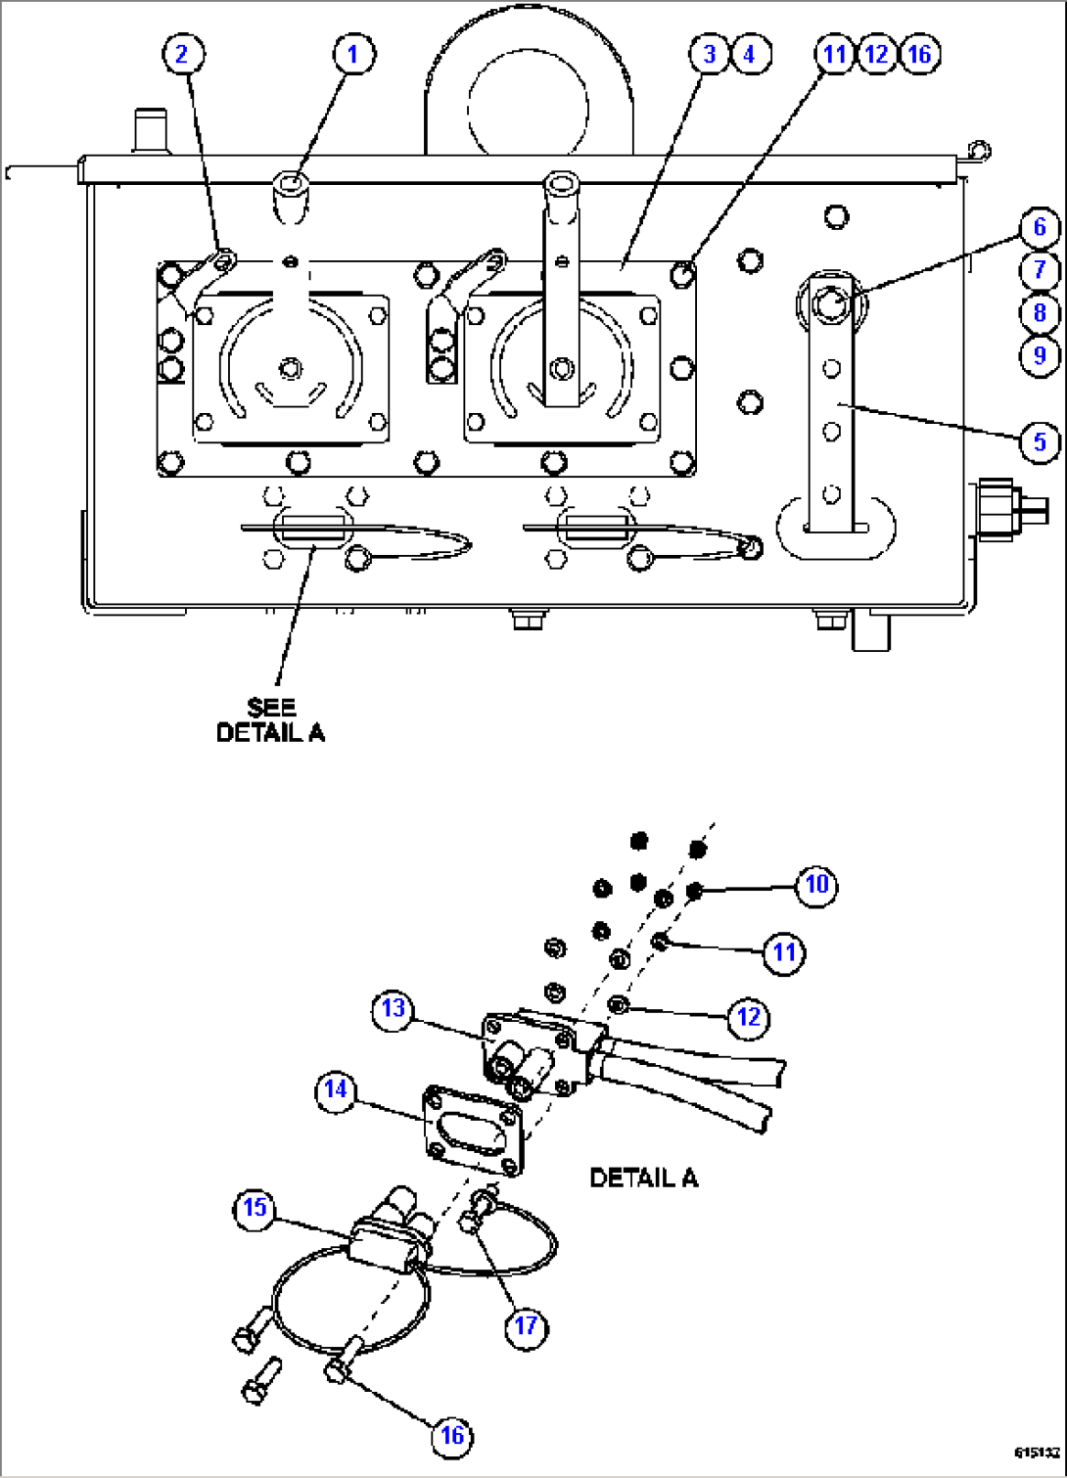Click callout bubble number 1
[x=353, y=54]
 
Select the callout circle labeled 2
[x=183, y=54]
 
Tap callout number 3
[x=710, y=54]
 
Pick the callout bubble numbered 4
[x=750, y=54]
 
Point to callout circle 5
[x=1040, y=442]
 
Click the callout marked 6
[x=1040, y=228]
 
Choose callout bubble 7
[x=1040, y=270]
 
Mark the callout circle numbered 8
[x=1040, y=313]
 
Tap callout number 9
[x=1040, y=355]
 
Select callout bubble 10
[x=817, y=885]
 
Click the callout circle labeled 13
[x=394, y=1008]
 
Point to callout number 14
[x=336, y=1089]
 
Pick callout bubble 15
[x=255, y=1208]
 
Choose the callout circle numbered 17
[x=526, y=1325]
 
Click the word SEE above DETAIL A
[x=271, y=708]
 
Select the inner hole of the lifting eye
[x=528, y=109]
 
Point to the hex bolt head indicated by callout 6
[x=831, y=304]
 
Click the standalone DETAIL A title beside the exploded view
[x=644, y=1178]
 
